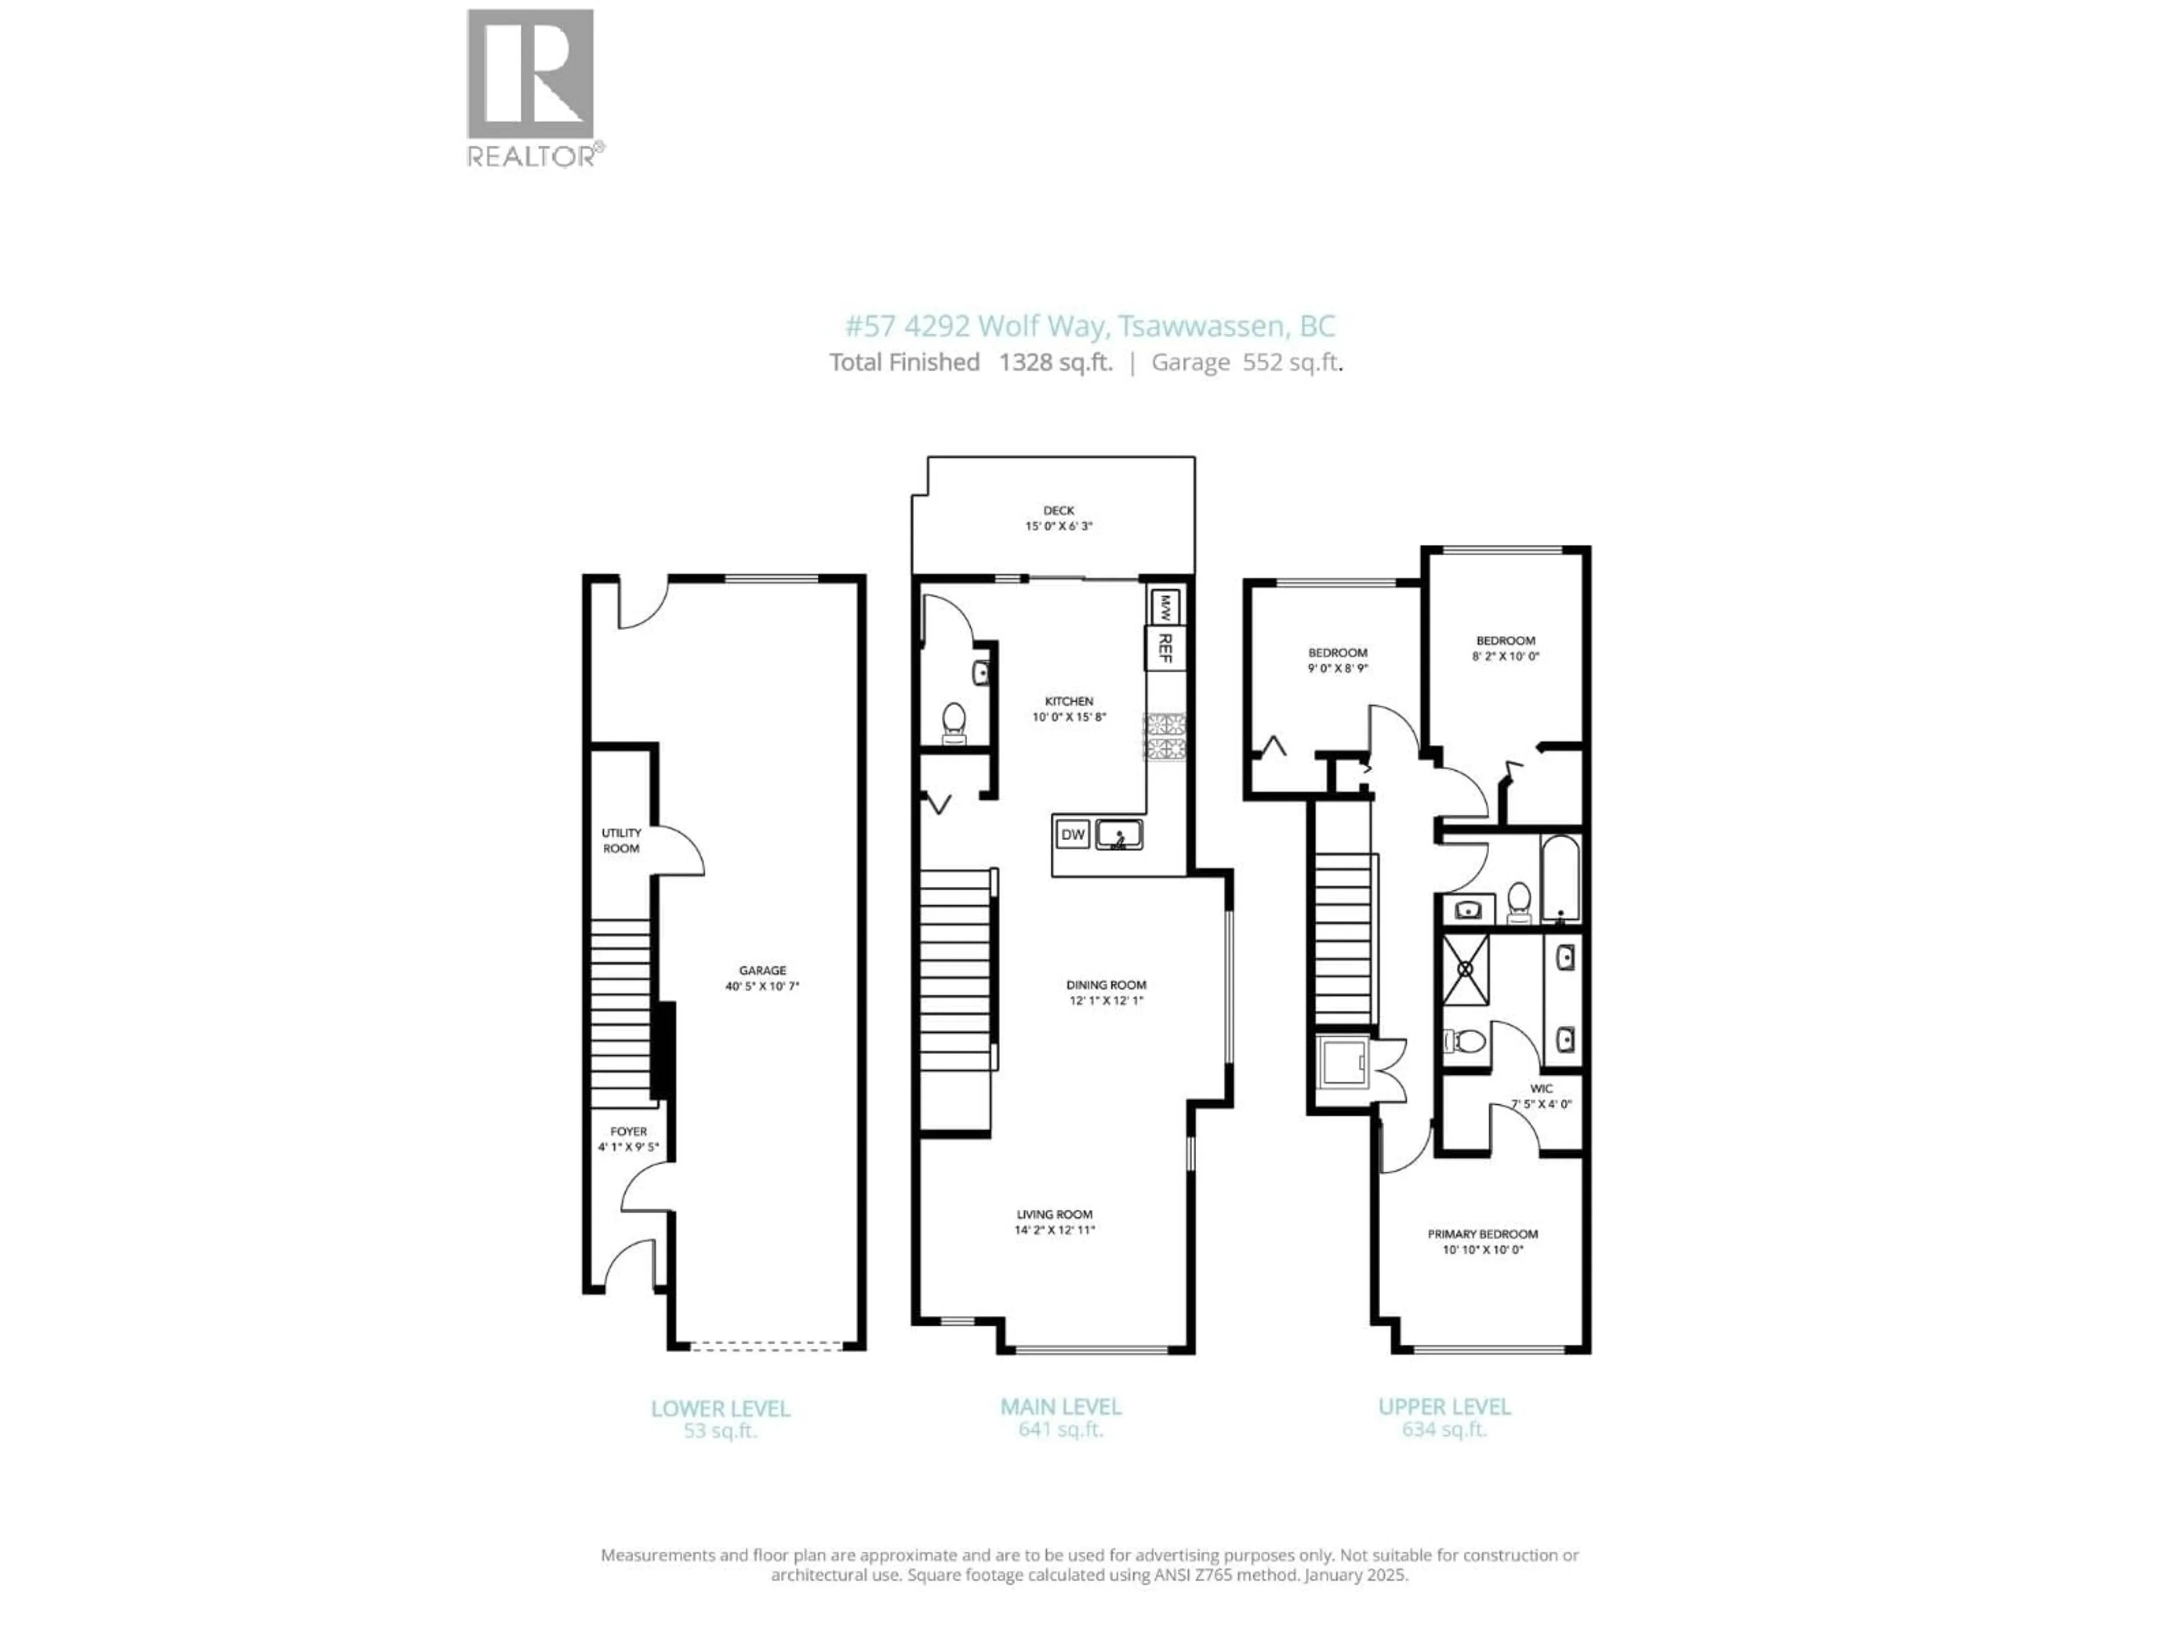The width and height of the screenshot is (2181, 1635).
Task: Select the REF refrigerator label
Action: (1164, 648)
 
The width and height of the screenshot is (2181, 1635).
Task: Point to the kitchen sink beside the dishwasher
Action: (1119, 835)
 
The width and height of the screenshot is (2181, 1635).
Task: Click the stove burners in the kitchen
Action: (1164, 736)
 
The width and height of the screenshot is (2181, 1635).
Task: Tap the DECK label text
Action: (1058, 510)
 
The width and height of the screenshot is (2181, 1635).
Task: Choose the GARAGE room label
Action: (762, 971)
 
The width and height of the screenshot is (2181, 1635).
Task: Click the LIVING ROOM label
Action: (1054, 1215)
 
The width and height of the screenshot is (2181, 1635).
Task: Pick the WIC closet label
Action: (1541, 1089)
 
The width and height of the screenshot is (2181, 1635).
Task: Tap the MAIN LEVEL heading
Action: (1060, 1407)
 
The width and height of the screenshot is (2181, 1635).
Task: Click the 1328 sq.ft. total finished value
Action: (1055, 363)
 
